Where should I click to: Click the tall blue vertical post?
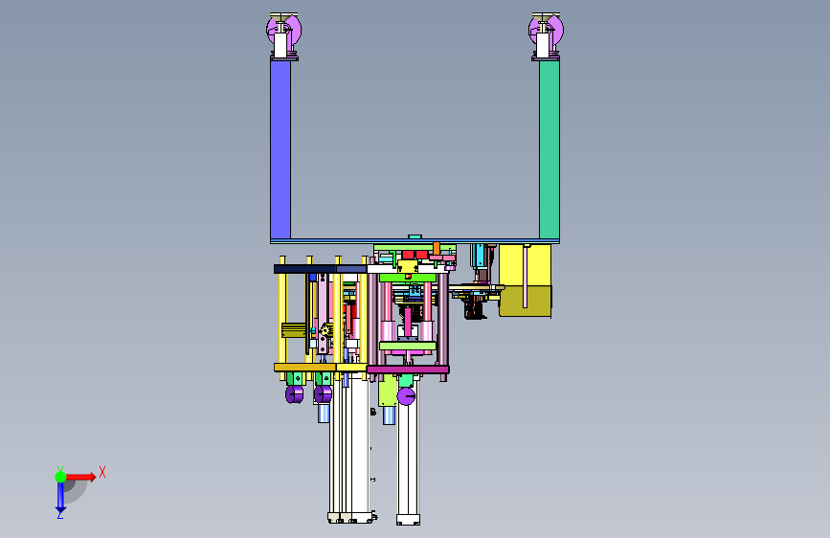click(280, 150)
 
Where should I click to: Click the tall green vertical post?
click(550, 150)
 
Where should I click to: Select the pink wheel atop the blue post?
click(284, 30)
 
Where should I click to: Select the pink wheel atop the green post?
click(547, 30)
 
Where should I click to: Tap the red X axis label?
click(102, 472)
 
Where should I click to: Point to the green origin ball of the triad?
click(61, 477)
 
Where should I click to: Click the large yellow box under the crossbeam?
click(526, 280)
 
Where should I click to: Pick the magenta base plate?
click(408, 370)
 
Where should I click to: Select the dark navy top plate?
click(304, 269)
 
